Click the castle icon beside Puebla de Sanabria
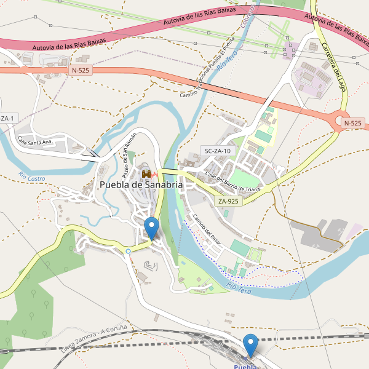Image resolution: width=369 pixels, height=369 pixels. [146, 174]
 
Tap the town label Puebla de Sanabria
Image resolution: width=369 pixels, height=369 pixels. [141, 185]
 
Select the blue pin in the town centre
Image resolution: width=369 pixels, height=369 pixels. [151, 228]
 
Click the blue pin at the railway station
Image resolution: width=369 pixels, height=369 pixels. [250, 344]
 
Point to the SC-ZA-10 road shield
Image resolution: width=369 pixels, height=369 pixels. [218, 151]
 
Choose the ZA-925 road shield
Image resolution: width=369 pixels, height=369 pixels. [228, 201]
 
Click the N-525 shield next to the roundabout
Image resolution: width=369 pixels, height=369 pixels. [352, 123]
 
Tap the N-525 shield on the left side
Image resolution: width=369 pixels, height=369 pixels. [81, 71]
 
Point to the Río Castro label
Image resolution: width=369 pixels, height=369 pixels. [32, 177]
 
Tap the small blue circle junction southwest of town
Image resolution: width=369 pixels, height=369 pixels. [128, 251]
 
